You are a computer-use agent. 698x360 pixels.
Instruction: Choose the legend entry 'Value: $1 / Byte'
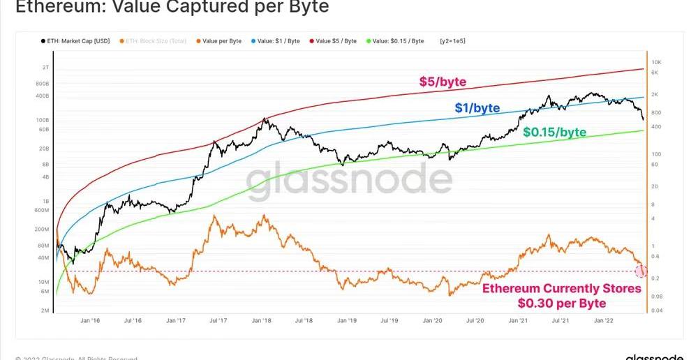coord(278,41)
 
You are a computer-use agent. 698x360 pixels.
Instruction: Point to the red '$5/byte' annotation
coord(443,82)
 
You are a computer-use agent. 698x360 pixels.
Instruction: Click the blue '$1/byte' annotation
coord(477,107)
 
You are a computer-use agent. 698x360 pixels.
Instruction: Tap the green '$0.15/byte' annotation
coord(554,132)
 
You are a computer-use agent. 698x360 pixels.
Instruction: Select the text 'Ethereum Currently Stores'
coord(561,289)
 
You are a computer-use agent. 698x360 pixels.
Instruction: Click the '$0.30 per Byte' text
coord(561,303)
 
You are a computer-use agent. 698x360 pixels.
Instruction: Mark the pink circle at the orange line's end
coord(641,271)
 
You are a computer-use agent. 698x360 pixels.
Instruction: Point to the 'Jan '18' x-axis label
coord(262,320)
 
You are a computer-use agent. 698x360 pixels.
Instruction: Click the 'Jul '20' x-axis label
coord(475,320)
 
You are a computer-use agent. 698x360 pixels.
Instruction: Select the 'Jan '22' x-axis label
coord(604,320)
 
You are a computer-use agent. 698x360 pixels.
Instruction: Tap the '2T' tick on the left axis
coord(45,67)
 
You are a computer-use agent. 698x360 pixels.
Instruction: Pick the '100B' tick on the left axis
coord(43,120)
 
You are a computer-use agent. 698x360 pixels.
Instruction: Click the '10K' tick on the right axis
coord(656,62)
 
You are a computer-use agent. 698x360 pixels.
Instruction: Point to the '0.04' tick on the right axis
coord(657,310)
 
